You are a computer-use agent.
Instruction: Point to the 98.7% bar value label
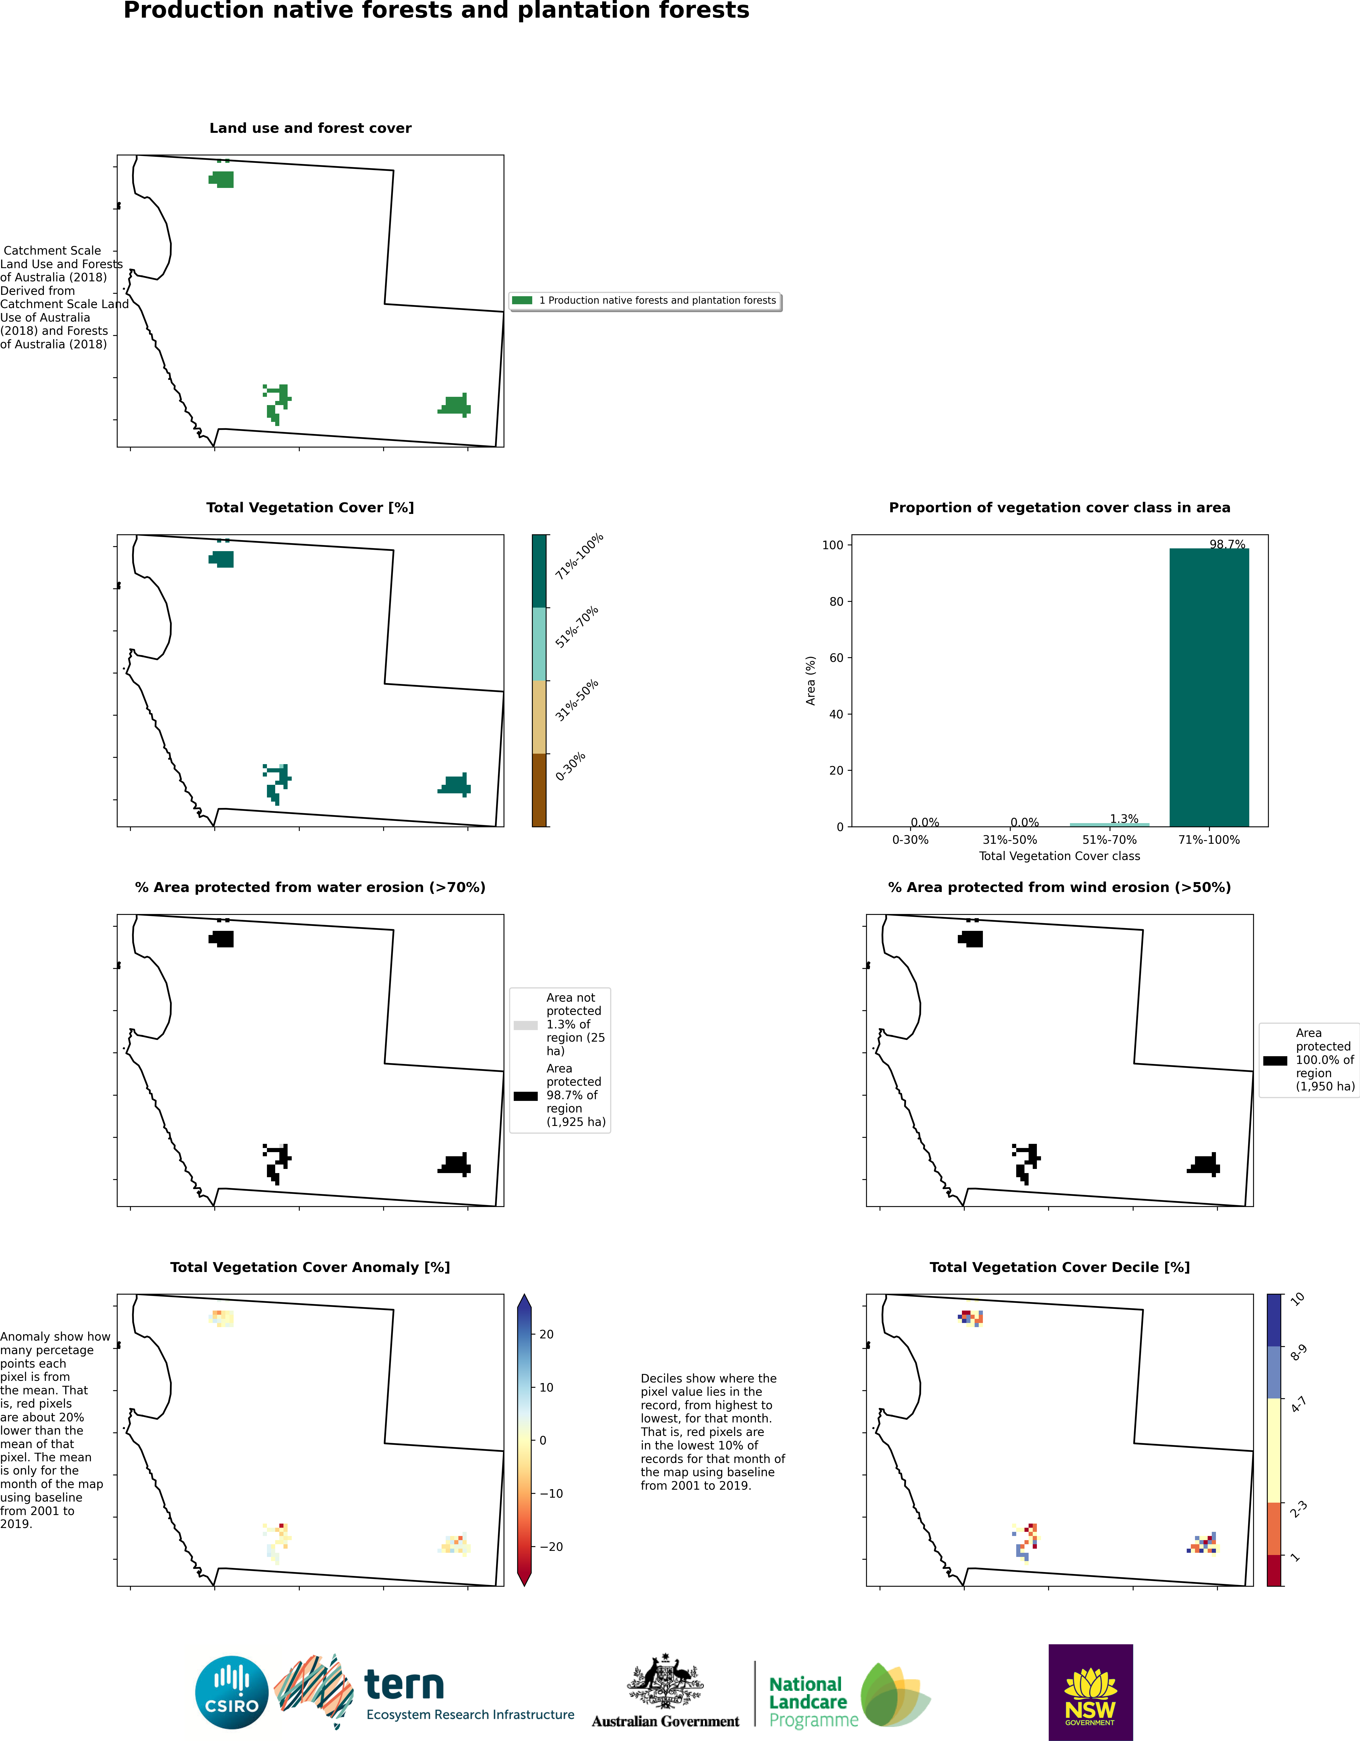point(1227,545)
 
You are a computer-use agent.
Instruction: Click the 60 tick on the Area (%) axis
point(836,658)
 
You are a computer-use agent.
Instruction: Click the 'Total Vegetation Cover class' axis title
point(1059,856)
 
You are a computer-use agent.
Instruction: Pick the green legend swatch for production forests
point(522,301)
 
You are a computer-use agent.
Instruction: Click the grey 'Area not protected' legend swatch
point(526,1025)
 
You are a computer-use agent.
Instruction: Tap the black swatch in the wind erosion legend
point(1275,1061)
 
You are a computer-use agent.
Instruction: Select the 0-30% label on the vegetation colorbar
point(571,766)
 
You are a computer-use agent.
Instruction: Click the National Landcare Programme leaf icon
point(894,1695)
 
